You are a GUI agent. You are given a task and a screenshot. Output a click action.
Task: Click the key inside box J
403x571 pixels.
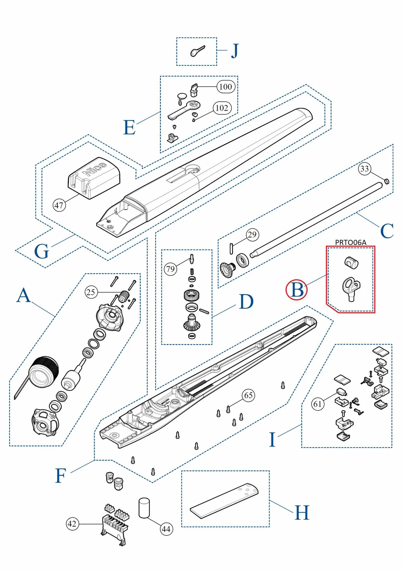coord(197,51)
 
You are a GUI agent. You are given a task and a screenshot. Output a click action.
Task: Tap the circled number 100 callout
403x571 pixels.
coord(225,87)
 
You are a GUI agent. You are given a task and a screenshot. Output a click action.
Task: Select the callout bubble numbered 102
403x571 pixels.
coord(222,108)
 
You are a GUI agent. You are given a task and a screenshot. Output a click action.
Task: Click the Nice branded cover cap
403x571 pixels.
coord(94,177)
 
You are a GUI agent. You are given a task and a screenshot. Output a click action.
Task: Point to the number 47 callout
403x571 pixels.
coord(59,205)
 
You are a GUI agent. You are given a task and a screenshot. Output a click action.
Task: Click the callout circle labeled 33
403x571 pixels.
coord(364,169)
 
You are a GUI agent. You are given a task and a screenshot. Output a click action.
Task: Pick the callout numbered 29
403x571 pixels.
coord(252,235)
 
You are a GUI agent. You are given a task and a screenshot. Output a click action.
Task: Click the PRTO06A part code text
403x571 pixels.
coord(350,242)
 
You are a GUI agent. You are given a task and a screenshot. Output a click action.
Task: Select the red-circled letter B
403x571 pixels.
coord(297,290)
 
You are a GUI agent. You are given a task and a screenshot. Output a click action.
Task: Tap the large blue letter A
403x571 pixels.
coord(24,295)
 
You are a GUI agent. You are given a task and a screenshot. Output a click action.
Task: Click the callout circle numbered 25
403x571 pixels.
coord(91,292)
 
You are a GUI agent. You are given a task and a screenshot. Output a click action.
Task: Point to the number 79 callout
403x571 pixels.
coord(170,269)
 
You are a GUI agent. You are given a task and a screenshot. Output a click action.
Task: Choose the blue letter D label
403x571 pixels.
coord(246,302)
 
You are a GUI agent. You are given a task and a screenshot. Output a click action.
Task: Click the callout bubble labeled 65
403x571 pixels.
coord(249,395)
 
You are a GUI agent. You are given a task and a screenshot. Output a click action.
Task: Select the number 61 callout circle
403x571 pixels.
coord(318,404)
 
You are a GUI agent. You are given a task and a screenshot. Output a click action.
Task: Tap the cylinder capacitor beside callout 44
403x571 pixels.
coord(144,508)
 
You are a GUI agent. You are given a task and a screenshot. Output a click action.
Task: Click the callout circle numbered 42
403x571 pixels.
coord(72,524)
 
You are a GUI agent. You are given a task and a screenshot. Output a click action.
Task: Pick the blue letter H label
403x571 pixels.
coord(302,513)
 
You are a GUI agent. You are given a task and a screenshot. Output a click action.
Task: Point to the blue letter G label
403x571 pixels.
coord(41,252)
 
